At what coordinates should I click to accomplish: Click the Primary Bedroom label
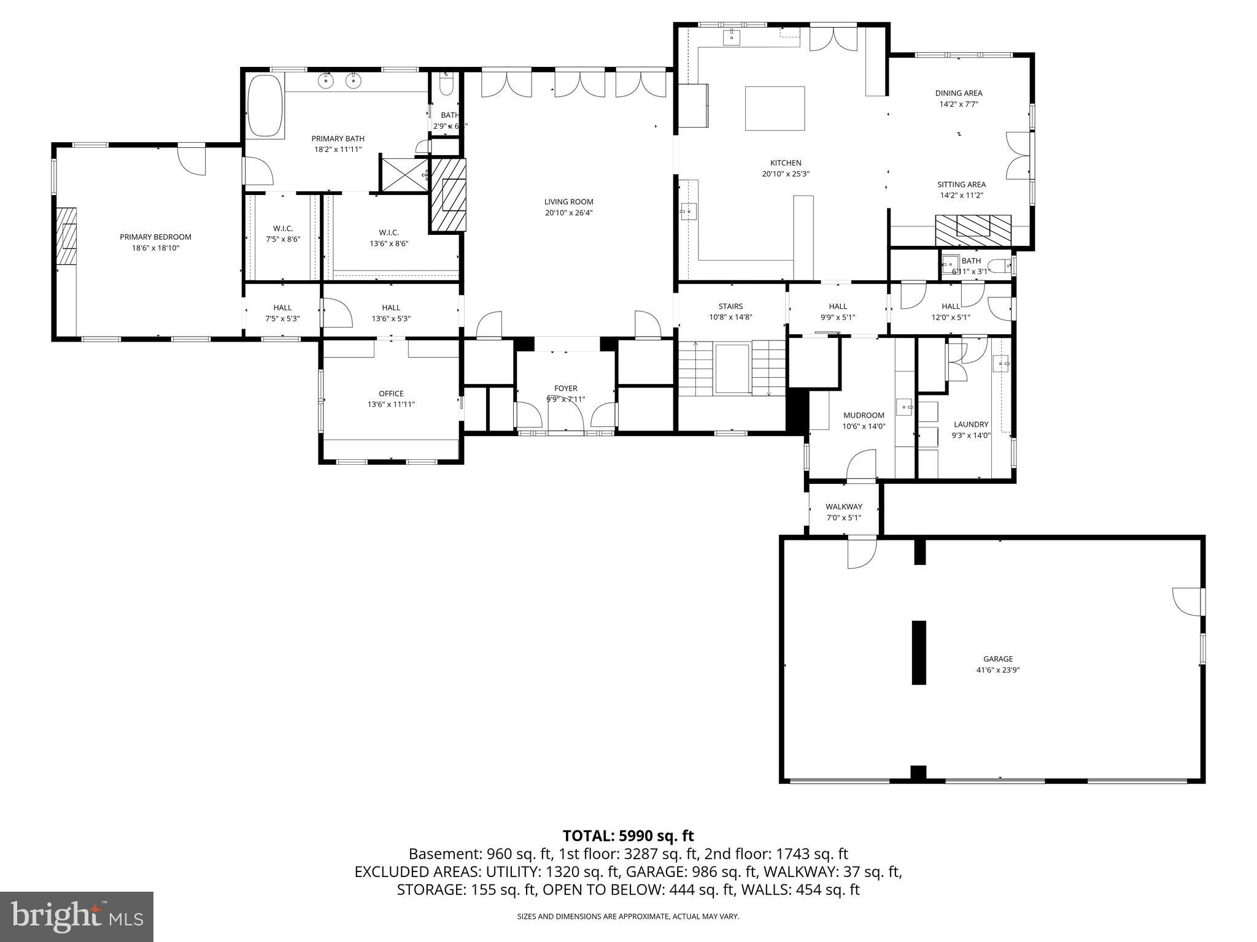click(155, 237)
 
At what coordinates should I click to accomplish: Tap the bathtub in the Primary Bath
click(265, 106)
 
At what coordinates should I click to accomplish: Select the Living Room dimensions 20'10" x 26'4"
click(569, 213)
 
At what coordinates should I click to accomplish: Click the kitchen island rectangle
click(775, 109)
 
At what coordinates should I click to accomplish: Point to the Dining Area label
click(958, 93)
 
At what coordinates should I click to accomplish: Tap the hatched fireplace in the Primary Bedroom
click(66, 236)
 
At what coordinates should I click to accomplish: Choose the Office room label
click(391, 394)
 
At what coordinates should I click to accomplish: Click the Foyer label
click(565, 388)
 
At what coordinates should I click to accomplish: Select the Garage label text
click(997, 659)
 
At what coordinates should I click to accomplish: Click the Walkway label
click(843, 507)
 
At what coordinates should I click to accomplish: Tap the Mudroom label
click(864, 415)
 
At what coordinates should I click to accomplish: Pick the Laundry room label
click(970, 424)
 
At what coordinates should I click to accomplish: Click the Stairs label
click(730, 306)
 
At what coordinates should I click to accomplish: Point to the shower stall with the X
click(403, 175)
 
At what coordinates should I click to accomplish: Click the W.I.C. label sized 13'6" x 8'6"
click(389, 232)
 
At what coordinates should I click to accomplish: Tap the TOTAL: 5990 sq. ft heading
click(628, 835)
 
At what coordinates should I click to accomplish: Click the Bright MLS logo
click(77, 916)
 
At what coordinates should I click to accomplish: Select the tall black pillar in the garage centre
click(918, 652)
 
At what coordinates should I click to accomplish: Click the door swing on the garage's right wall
click(1188, 600)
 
